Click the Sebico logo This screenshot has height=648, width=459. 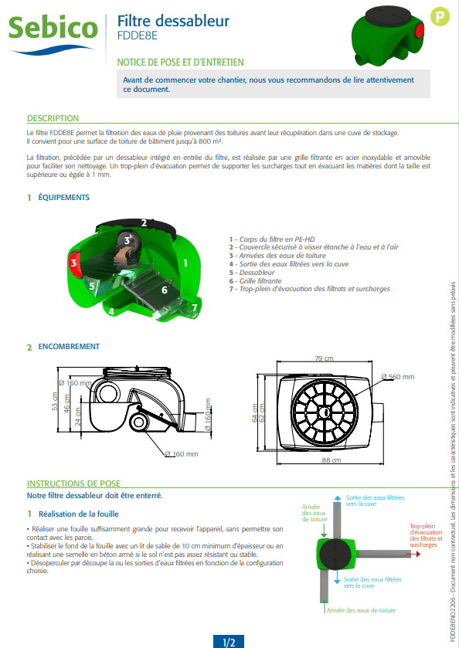coord(53,34)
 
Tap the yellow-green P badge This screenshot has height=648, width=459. coord(440,16)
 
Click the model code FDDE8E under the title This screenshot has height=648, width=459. coord(138,36)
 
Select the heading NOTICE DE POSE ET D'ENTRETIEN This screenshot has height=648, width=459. coord(180,63)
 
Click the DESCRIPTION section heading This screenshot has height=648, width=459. coord(53,118)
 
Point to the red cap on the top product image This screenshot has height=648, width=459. coord(420,30)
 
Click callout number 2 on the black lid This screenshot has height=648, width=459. coord(144,223)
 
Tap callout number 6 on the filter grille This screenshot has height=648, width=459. coord(165,290)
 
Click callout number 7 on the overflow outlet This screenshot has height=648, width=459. coord(195,307)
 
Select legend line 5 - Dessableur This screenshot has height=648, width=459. coord(252,273)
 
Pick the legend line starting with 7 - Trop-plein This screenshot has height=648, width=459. coord(310,289)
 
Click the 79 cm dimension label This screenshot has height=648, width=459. coord(324,358)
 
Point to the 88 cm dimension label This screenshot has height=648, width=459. coord(331,460)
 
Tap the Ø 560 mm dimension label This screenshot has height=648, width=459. coord(398,377)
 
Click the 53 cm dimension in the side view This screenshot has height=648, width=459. coord(55,401)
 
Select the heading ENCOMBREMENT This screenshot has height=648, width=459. coord(69,346)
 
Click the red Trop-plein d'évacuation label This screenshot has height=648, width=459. coord(426,535)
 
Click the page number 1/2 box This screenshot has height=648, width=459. coord(229,642)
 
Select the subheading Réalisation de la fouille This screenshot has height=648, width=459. coord(79,514)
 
